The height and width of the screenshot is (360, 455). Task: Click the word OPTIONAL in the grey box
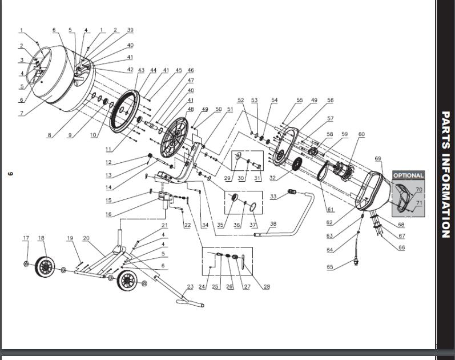click(408, 175)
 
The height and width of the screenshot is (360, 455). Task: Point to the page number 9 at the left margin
click(10, 174)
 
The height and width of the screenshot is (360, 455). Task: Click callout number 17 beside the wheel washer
click(26, 238)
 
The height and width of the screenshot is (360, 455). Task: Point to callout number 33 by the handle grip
click(274, 197)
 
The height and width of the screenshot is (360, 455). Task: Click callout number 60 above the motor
click(361, 134)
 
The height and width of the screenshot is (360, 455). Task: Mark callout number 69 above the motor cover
click(377, 158)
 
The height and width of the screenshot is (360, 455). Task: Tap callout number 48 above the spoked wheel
click(190, 109)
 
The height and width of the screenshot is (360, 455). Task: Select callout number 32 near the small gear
click(273, 178)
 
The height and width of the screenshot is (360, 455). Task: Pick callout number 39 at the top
click(130, 30)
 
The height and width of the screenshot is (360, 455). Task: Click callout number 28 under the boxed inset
click(266, 287)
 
